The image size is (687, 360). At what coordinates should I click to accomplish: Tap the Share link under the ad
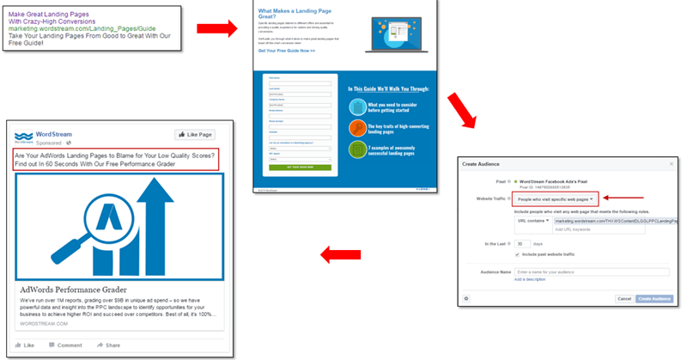[x=109, y=345]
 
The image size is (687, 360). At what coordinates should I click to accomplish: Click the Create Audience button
[x=655, y=298]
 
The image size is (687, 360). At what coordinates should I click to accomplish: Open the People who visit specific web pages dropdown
[x=556, y=198]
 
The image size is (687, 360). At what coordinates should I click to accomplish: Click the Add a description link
[x=530, y=280]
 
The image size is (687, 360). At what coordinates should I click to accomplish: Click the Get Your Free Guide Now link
[x=286, y=52]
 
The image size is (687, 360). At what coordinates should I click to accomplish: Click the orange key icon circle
[x=358, y=128]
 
